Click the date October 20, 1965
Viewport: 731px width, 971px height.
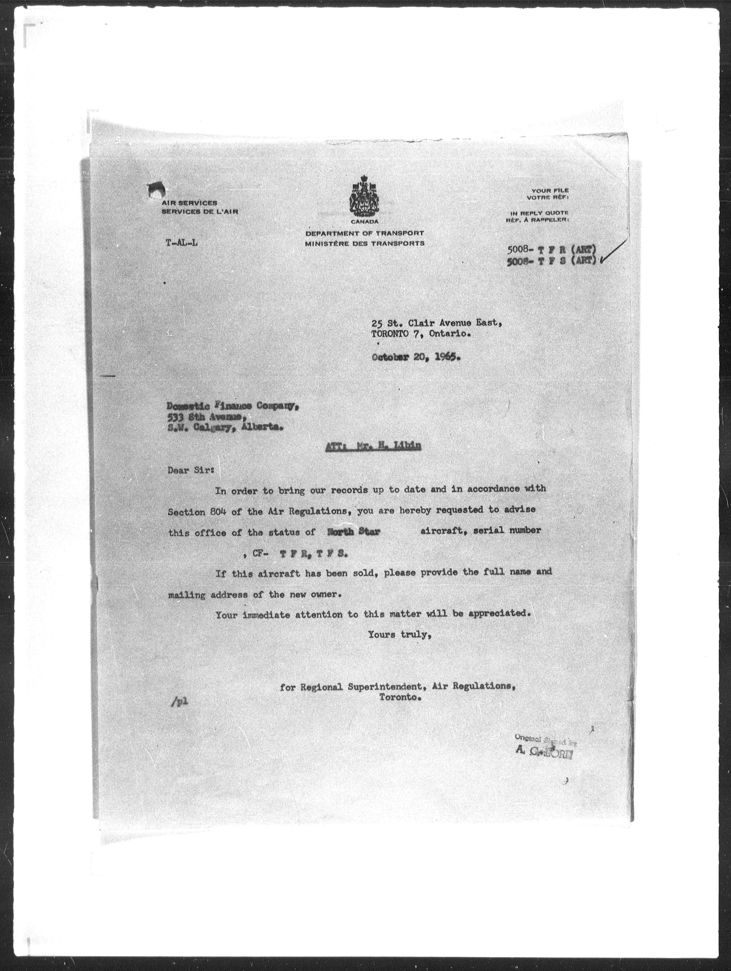416,357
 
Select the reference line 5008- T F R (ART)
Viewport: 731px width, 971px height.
552,250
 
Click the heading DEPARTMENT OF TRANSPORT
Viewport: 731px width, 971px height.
365,233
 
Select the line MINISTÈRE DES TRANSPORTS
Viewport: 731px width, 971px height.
365,243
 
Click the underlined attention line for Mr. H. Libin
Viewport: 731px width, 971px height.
374,446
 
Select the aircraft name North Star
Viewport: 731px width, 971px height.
354,531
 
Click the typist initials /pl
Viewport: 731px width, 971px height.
180,701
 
